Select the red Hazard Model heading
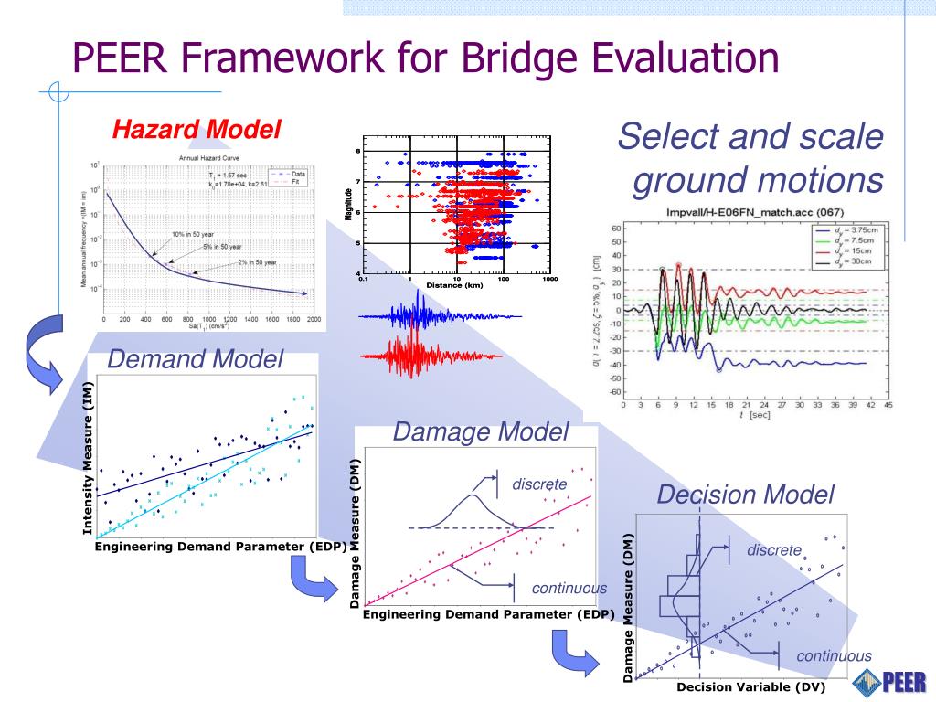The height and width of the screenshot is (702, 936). click(197, 130)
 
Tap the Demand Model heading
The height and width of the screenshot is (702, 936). click(196, 359)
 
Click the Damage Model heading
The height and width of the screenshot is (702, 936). click(481, 431)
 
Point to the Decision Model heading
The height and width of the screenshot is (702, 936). click(746, 495)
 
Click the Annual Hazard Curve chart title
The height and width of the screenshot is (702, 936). click(208, 157)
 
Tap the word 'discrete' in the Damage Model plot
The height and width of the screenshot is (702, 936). click(539, 483)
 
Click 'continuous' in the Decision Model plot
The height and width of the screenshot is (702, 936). click(834, 655)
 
